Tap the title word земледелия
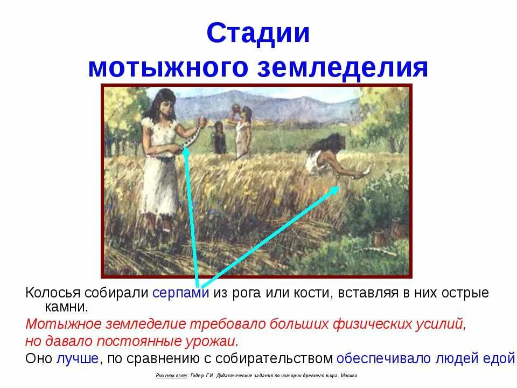coord(348,68)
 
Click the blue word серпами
coord(180,294)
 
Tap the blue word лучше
coord(77,359)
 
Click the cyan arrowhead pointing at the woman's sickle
coord(185,151)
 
